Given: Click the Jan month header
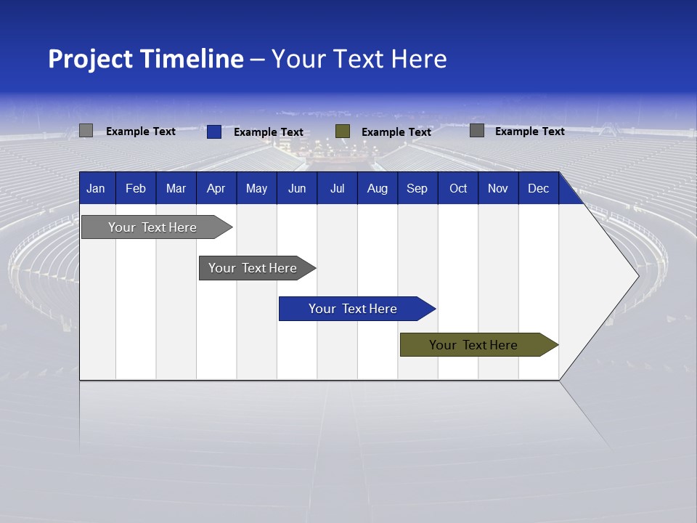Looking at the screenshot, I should click(x=96, y=188).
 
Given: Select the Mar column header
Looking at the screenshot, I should click(x=176, y=188).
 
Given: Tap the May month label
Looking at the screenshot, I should click(x=256, y=188).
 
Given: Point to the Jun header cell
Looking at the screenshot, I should click(x=297, y=188).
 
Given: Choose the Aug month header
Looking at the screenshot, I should click(x=377, y=188).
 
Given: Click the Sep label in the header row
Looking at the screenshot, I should click(x=417, y=188).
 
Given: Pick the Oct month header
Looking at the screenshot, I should click(x=458, y=188).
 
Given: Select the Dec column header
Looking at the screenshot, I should click(x=538, y=188).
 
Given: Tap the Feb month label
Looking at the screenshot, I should click(x=136, y=188).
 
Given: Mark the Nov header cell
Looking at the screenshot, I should click(x=498, y=188).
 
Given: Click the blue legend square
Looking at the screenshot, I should click(x=214, y=131).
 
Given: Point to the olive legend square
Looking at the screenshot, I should click(x=343, y=131).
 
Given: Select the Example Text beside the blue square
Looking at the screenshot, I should click(x=268, y=132).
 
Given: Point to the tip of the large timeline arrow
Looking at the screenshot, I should click(x=637, y=275).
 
